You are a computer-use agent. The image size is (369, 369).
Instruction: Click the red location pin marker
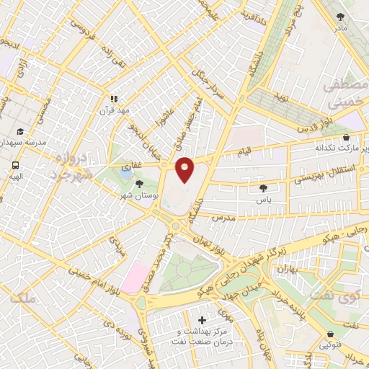tap(185, 169)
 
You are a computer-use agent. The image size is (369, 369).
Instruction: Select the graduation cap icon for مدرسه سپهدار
tap(21, 132)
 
